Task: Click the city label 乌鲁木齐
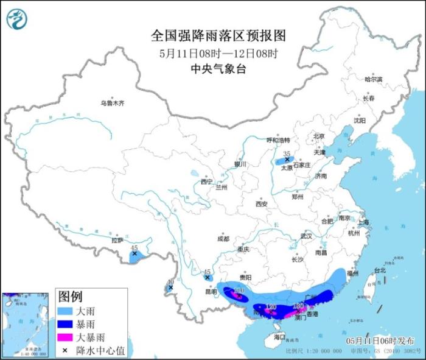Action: (x=112, y=104)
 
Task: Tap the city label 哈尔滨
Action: (x=373, y=79)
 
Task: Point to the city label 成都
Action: (x=223, y=239)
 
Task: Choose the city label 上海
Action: (x=364, y=222)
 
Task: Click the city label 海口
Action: (x=279, y=336)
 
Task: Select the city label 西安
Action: (x=262, y=204)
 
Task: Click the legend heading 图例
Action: (x=71, y=297)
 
